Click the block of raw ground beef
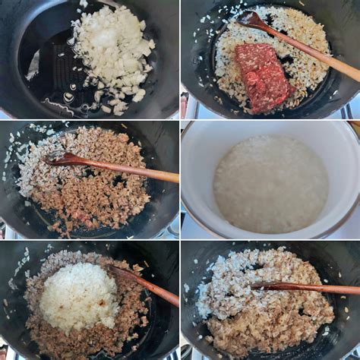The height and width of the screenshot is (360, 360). (x=263, y=75)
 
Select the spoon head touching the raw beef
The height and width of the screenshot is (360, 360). (x=251, y=20)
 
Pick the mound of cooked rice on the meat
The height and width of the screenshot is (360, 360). (x=79, y=295)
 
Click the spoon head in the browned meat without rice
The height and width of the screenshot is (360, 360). (x=61, y=159)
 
